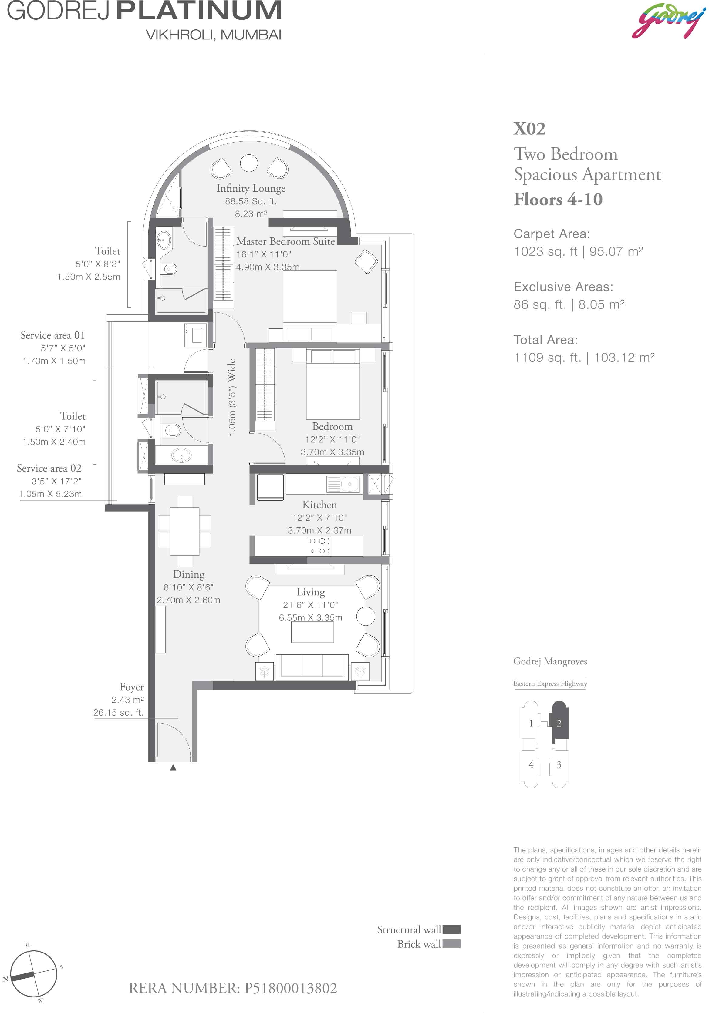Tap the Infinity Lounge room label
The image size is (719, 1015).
coord(251,189)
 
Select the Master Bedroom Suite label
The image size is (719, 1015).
coord(285,241)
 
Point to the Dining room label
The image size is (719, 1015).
coord(189,574)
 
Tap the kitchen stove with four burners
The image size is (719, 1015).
coord(319,546)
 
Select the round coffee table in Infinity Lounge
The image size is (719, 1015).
coord(249,163)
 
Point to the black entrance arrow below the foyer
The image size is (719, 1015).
coord(173,767)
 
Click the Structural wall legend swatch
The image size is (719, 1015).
coord(452,929)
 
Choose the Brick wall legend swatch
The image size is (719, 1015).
coord(452,944)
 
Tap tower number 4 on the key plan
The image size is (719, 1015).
coord(531,765)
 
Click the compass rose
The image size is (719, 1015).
coord(34,974)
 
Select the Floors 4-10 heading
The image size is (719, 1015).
coord(558,199)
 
